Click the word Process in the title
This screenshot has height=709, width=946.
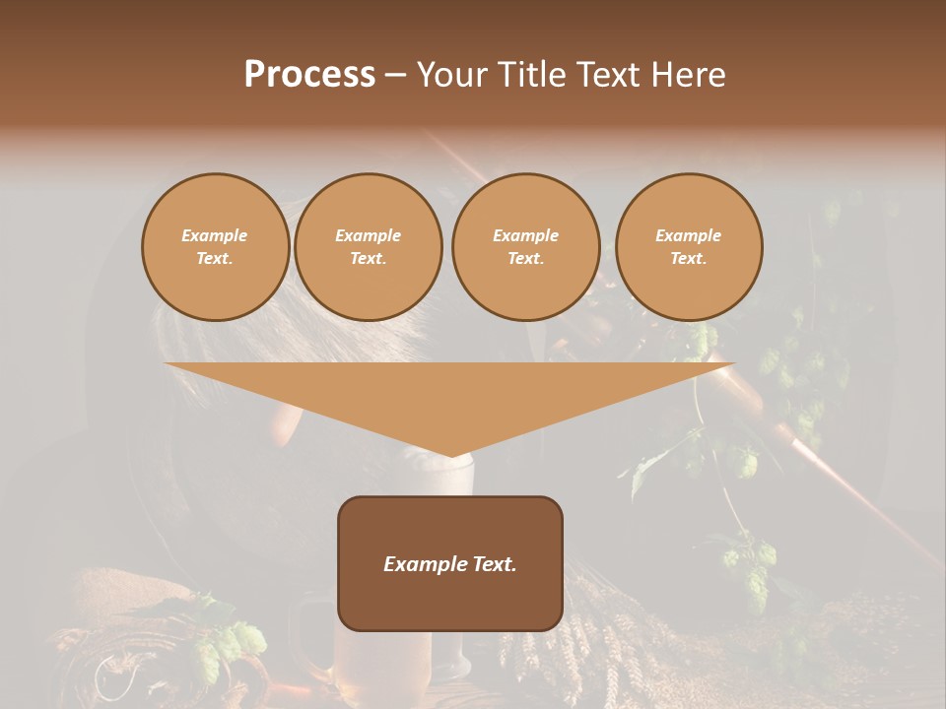pos(309,75)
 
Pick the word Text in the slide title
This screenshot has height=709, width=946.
pos(613,75)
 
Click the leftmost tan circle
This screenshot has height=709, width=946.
pos(216,247)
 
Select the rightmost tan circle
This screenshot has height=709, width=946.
pos(689,247)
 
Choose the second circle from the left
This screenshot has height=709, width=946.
pos(369,247)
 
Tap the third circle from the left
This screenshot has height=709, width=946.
pos(526,247)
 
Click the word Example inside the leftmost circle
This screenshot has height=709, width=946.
pos(215,235)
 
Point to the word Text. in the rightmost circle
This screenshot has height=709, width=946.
pos(689,259)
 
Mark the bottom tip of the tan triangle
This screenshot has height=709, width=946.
pos(451,455)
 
